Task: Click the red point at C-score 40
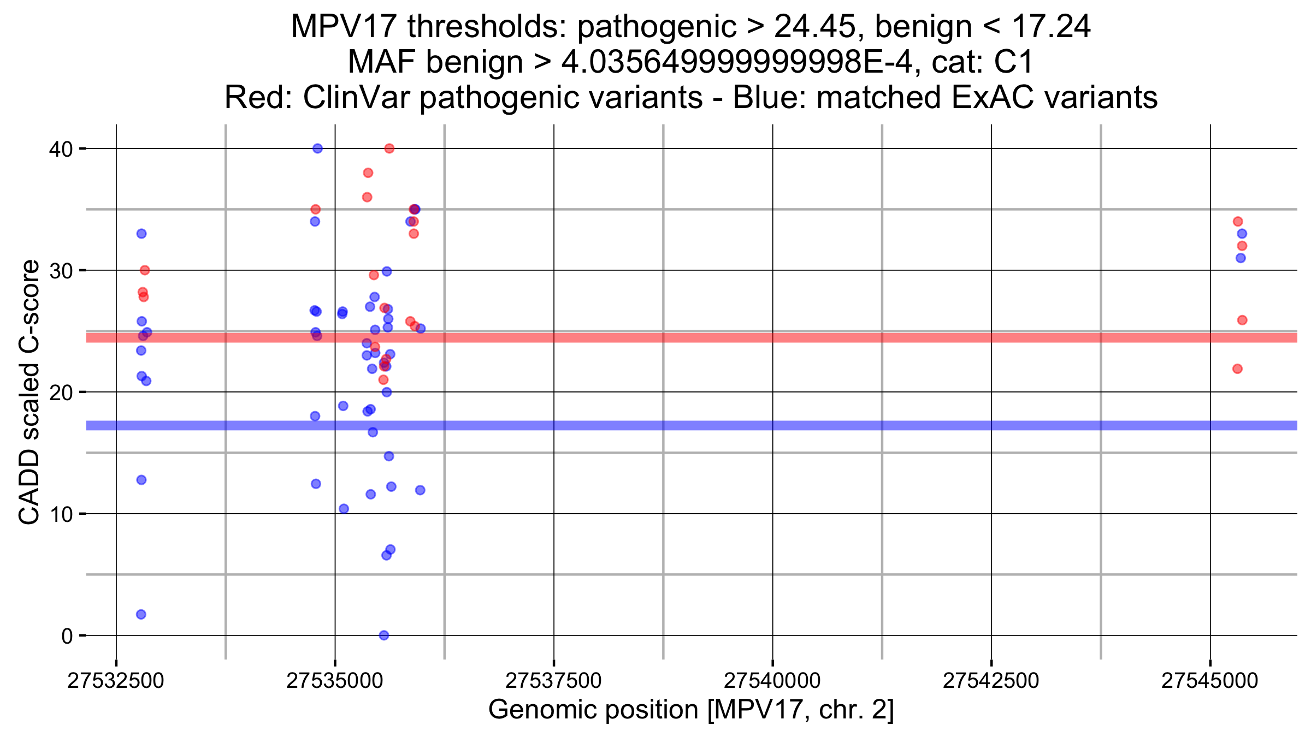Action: tap(389, 148)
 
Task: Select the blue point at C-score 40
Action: tap(317, 148)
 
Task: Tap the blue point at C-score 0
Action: tap(384, 635)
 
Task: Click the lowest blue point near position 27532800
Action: tap(141, 614)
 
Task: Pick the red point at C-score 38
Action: tap(368, 173)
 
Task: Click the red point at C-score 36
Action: tap(367, 197)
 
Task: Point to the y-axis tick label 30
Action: tap(61, 271)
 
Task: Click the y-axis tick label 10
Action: tap(61, 514)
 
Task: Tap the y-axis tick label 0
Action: tap(67, 636)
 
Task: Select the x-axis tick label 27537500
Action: tap(553, 681)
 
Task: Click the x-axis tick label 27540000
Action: tap(772, 681)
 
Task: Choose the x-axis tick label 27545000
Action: tap(1210, 681)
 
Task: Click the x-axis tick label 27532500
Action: tap(116, 681)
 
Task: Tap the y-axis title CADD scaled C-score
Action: tap(29, 392)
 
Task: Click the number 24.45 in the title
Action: tap(814, 26)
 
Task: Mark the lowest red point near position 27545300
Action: tap(1238, 369)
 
